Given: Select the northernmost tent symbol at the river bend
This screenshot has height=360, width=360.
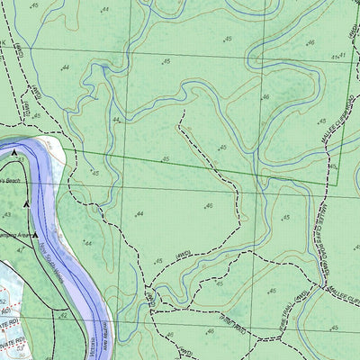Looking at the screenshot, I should point(16,155).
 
